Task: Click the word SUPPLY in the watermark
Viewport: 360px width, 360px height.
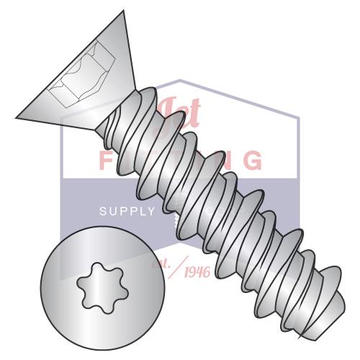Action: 127,211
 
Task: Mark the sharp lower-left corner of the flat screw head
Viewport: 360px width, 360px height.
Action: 16,116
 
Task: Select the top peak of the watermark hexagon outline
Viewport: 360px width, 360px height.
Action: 180,80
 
